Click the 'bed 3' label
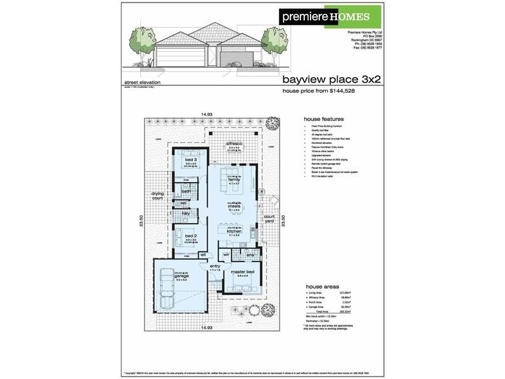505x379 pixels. click(191, 160)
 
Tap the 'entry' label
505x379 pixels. click(215, 267)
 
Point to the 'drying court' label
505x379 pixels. click(157, 196)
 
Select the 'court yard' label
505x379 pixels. click(268, 219)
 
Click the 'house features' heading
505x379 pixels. click(323, 119)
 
